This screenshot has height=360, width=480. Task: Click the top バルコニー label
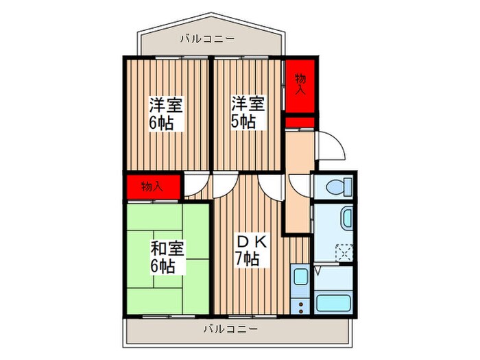click(x=201, y=39)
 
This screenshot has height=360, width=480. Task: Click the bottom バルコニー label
click(x=230, y=329)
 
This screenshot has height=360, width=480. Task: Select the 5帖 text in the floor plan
click(x=243, y=122)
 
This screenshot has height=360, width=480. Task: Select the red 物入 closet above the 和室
click(x=152, y=186)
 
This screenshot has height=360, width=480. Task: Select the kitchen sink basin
click(x=300, y=277)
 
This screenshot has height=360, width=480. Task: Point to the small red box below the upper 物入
click(x=300, y=123)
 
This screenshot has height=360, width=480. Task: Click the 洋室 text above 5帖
click(x=246, y=104)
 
